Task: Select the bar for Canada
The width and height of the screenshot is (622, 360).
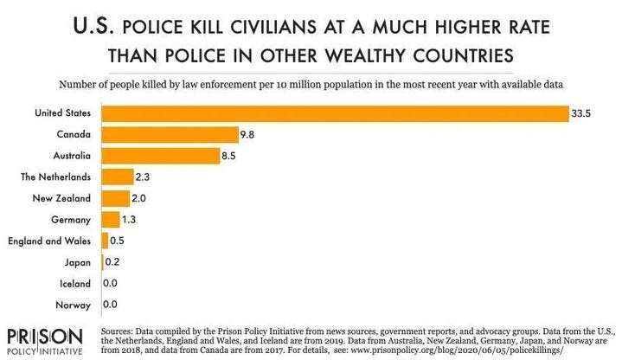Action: (x=170, y=135)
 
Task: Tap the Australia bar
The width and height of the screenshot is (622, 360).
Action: (x=160, y=156)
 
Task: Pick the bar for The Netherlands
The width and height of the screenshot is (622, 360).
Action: (x=117, y=177)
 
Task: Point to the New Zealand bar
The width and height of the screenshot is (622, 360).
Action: (x=115, y=198)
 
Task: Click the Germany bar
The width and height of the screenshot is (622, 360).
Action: (x=110, y=220)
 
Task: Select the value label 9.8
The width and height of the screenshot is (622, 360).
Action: (x=248, y=135)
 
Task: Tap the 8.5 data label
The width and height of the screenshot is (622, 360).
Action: (x=230, y=156)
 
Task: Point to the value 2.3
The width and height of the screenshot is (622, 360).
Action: (x=144, y=177)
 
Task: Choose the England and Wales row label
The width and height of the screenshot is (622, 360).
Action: (x=52, y=241)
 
